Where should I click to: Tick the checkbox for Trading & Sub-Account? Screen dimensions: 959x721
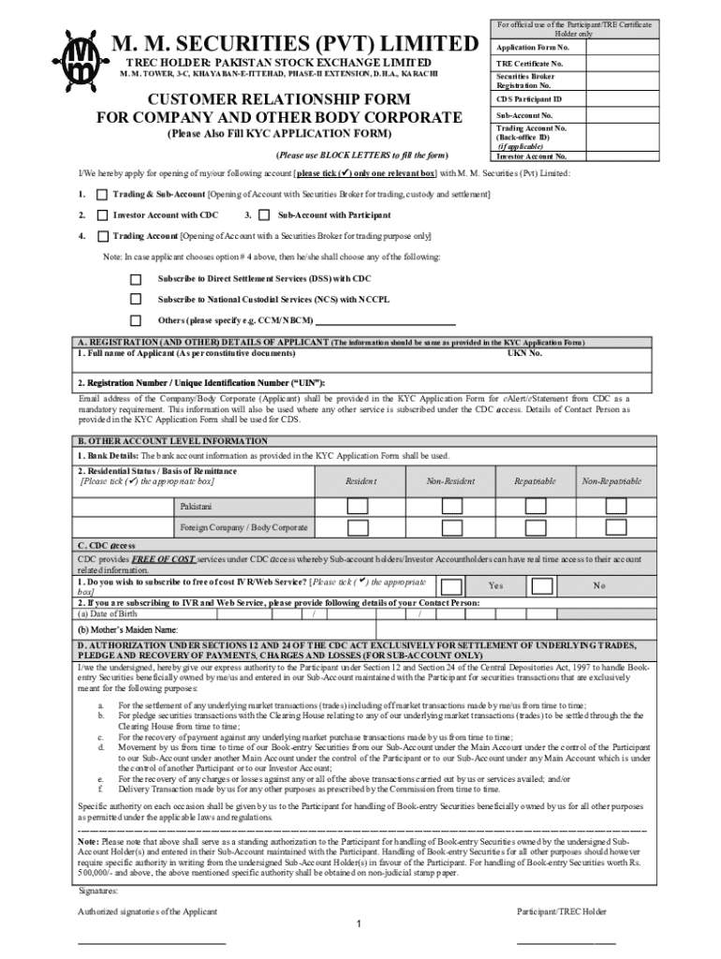102,193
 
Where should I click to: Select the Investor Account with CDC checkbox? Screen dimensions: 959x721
102,215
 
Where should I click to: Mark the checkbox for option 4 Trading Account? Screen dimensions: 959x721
102,236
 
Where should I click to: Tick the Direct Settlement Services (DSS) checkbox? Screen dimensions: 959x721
136,278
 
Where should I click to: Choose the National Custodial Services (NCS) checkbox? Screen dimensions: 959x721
136,299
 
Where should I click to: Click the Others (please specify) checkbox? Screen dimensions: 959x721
136,319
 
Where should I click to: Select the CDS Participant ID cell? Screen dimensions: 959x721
528,99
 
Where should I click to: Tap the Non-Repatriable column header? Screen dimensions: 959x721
611,480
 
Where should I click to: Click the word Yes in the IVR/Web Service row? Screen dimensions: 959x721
495,585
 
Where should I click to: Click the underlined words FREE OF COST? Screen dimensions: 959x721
163,558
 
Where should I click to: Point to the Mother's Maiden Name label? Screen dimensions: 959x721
127,630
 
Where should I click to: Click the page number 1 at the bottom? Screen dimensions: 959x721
360,924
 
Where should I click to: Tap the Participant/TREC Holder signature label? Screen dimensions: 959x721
561,911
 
